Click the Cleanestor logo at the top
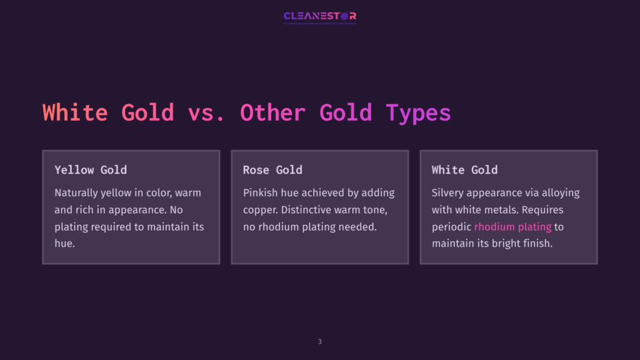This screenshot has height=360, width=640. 319,16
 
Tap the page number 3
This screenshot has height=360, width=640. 320,341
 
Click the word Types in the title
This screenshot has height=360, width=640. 418,112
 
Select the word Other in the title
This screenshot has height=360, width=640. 272,112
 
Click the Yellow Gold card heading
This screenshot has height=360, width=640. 91,169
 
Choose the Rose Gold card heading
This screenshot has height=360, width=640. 272,169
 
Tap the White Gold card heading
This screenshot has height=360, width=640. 464,169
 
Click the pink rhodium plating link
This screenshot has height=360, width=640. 512,226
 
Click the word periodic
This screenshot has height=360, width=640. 451,226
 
